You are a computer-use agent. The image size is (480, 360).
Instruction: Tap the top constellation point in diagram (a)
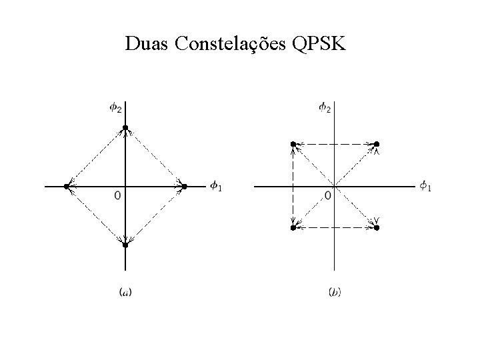pyautogui.click(x=125, y=127)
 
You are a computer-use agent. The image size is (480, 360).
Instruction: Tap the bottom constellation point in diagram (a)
pyautogui.click(x=125, y=245)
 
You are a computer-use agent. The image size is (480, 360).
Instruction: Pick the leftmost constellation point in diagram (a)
pyautogui.click(x=66, y=186)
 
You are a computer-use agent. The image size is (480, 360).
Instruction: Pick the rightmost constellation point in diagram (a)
pyautogui.click(x=185, y=186)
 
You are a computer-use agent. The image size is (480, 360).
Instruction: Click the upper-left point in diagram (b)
pyautogui.click(x=293, y=144)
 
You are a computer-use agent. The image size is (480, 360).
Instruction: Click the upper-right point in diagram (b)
pyautogui.click(x=376, y=144)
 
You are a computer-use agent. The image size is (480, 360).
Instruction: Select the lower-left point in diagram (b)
pyautogui.click(x=293, y=228)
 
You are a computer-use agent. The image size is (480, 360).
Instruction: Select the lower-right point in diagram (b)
pyautogui.click(x=376, y=228)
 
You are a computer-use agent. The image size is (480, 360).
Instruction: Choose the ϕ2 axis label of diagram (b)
pyautogui.click(x=325, y=107)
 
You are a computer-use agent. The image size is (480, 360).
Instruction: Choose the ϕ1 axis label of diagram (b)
pyautogui.click(x=425, y=186)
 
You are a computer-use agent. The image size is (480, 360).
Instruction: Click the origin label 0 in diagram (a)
pyautogui.click(x=117, y=196)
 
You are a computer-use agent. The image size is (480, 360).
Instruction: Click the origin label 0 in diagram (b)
pyautogui.click(x=327, y=196)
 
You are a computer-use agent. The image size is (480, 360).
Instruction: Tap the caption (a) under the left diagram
pyautogui.click(x=124, y=291)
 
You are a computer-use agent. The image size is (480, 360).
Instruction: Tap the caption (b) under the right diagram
pyautogui.click(x=335, y=291)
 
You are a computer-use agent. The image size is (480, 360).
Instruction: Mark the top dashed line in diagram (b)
pyautogui.click(x=334, y=144)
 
